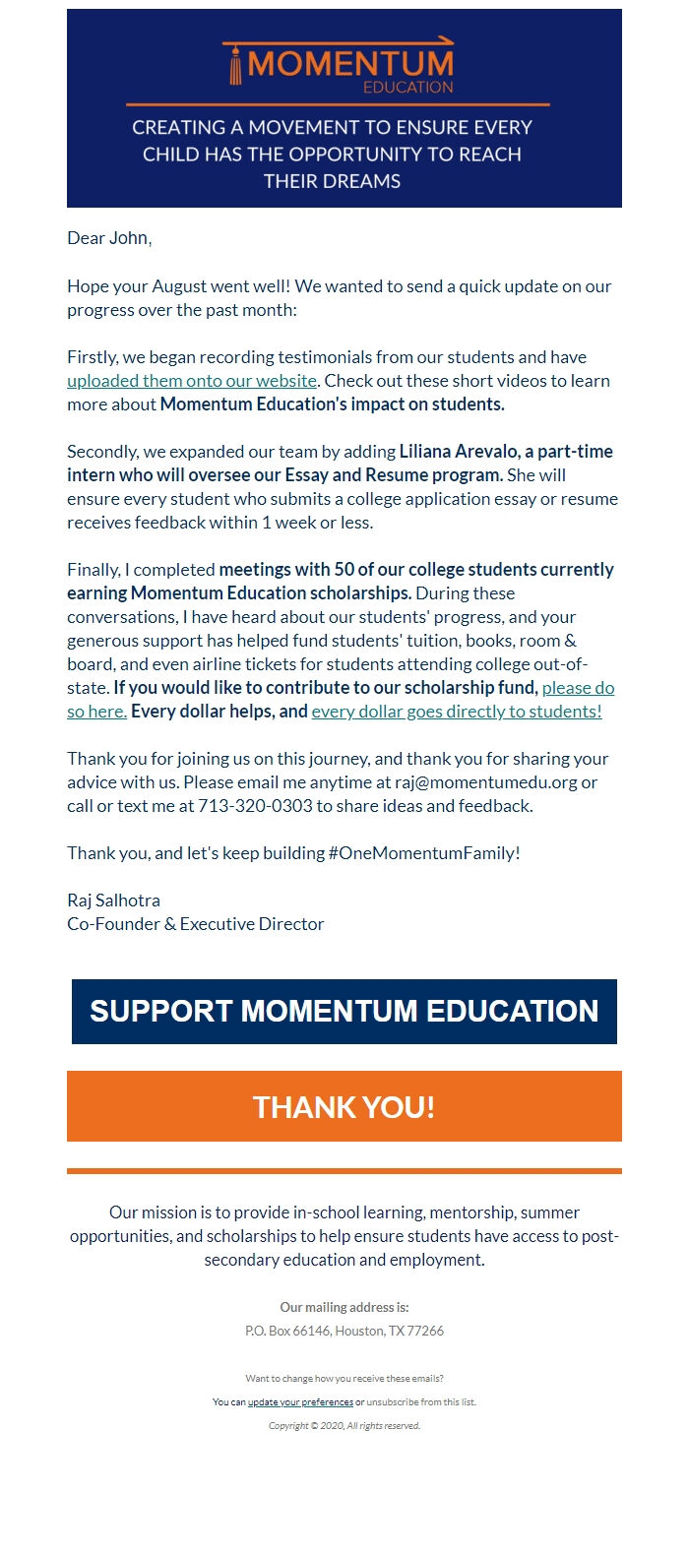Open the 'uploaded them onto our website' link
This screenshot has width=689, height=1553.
[x=192, y=381]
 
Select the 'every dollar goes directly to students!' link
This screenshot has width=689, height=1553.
[x=457, y=712]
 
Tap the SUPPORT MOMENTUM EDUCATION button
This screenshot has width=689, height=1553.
[x=344, y=1012]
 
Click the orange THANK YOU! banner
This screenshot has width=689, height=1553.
[x=344, y=1107]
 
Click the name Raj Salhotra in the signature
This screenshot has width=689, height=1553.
[x=113, y=901]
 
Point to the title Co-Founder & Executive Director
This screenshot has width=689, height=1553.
[x=195, y=924]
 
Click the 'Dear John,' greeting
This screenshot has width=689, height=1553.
[x=109, y=238]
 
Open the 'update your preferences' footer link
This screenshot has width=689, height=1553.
[x=300, y=1402]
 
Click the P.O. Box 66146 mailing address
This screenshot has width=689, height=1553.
[x=344, y=1332]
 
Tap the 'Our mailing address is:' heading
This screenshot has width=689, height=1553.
[x=344, y=1308]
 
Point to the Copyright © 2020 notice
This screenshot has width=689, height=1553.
[x=344, y=1426]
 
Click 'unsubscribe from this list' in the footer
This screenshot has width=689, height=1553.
[x=421, y=1402]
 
